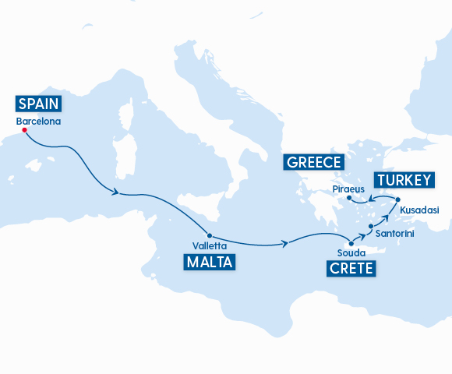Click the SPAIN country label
[x=38, y=104]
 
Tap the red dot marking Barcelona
[x=24, y=130]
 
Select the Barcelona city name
[x=37, y=122]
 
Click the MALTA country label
[x=210, y=263]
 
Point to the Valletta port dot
[x=210, y=235]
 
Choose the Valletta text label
[x=210, y=246]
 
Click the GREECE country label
[x=314, y=162]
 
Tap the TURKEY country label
[x=403, y=181]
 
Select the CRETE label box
[x=351, y=270]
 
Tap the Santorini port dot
[x=371, y=225]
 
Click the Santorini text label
[x=394, y=233]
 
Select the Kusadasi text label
[x=419, y=210]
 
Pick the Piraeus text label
[x=347, y=189]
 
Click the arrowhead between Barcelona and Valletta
[x=116, y=192]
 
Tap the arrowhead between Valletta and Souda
[x=287, y=245]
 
